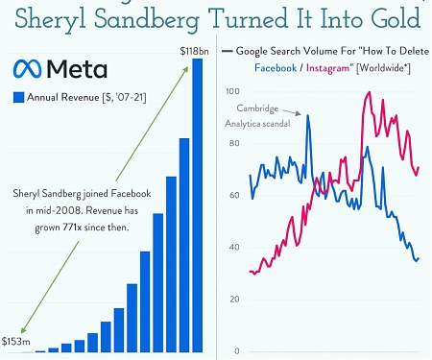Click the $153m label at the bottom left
click(x=16, y=341)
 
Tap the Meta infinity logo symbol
click(x=27, y=68)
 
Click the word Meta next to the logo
click(x=76, y=68)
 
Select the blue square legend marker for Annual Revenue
click(x=18, y=96)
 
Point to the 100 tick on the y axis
click(x=231, y=92)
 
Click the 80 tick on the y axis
click(x=231, y=144)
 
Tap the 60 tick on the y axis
click(x=231, y=196)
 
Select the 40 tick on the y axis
click(x=231, y=248)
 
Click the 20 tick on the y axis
click(x=231, y=300)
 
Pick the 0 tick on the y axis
click(x=234, y=350)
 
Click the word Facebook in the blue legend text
click(x=277, y=68)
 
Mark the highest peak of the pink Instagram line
click(x=369, y=92)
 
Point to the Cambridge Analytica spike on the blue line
click(x=307, y=116)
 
